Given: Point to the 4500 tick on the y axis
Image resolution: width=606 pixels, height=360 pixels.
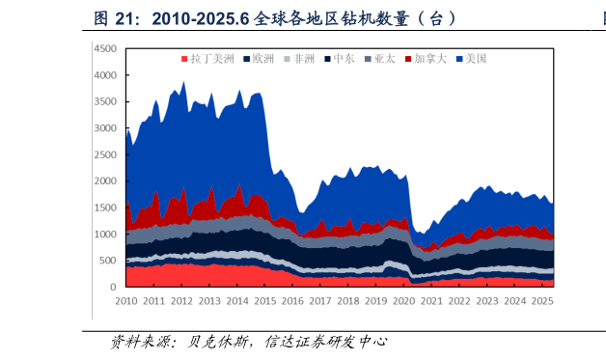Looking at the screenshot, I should (x=105, y=48).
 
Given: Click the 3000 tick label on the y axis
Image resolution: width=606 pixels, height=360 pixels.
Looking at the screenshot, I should (x=105, y=128).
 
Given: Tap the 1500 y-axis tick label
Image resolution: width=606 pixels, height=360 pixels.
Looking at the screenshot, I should (x=105, y=208).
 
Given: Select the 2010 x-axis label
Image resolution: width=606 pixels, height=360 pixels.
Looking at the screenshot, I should (x=125, y=301).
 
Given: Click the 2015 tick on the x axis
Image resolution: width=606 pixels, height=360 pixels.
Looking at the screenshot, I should (x=264, y=301).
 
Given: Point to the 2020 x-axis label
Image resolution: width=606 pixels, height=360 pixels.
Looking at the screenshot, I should (x=403, y=301).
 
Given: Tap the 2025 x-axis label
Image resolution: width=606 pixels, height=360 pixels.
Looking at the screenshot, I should (x=542, y=301).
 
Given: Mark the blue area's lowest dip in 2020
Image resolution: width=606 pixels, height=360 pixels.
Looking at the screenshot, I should (x=420, y=234).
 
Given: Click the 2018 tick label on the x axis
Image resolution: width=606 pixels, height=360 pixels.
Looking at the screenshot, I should (x=347, y=301).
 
